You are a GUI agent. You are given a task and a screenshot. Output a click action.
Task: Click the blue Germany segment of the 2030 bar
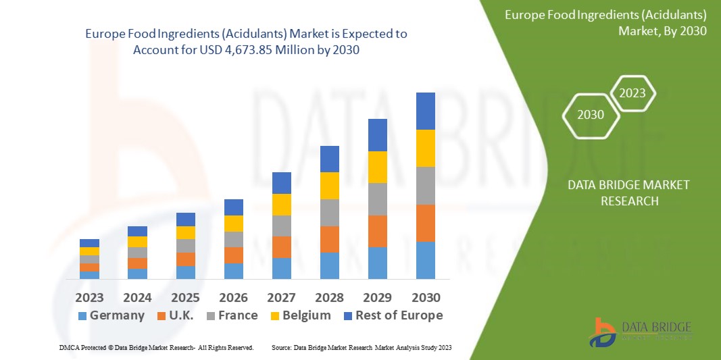pos(425,260)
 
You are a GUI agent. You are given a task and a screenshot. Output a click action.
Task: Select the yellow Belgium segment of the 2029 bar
pos(377,167)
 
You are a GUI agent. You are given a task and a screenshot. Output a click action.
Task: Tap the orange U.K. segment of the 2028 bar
pos(329,239)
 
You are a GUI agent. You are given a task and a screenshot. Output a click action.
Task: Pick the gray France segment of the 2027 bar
pos(281,226)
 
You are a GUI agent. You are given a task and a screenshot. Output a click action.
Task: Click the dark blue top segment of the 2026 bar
pos(233,207)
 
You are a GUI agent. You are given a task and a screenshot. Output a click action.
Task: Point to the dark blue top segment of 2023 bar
pos(89,243)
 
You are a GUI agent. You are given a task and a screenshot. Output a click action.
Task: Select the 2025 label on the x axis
pos(185,297)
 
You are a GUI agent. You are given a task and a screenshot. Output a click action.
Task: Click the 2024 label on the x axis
pos(137,297)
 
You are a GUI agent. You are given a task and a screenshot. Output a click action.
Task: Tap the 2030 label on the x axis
pos(425,297)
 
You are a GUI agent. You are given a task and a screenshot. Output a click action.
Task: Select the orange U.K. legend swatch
pos(162,316)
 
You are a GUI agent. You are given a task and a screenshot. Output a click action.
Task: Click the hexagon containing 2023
pos(632,93)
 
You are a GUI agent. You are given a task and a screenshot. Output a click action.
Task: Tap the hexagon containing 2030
pos(591,115)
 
